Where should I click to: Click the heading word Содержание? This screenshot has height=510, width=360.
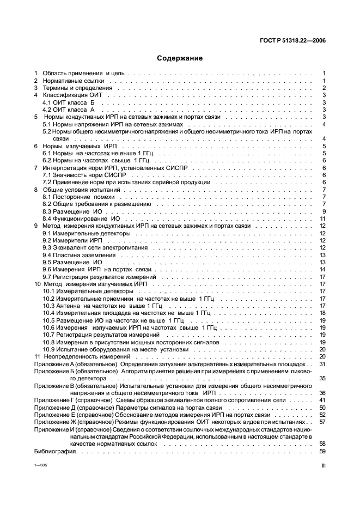pos(180,58)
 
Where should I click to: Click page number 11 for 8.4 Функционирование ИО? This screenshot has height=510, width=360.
pos(322,218)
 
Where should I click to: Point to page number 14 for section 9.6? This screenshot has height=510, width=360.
pos(322,269)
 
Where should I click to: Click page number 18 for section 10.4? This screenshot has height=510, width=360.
pos(322,313)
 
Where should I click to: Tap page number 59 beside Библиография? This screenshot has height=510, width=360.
pos(322,451)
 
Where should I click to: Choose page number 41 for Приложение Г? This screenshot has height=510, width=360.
pos(322,400)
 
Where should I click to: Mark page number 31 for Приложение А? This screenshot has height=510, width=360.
pos(322,364)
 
